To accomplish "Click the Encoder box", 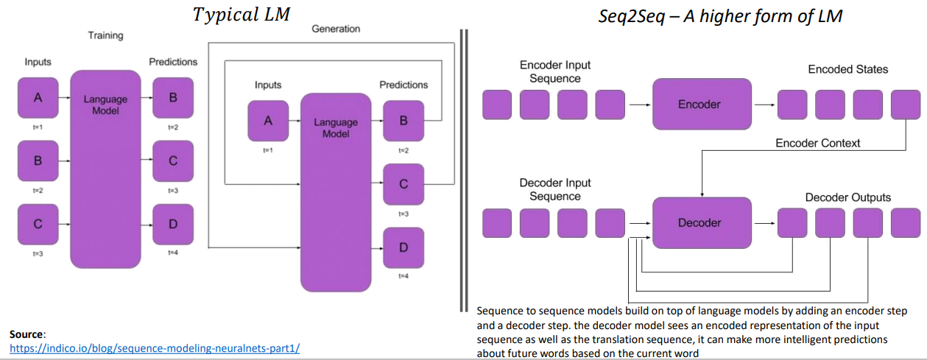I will tap(699, 105).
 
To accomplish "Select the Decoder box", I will tap(699, 222).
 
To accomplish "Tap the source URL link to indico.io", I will tap(154, 348).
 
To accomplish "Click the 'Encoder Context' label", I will tap(817, 143).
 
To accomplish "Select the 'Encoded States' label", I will tap(847, 69).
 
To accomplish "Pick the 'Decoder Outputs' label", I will tap(847, 197).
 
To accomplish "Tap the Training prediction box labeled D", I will tap(173, 224).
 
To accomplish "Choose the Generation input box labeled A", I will tap(268, 121).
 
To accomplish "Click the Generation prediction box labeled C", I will tap(403, 184).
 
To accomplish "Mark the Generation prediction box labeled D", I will tap(403, 247).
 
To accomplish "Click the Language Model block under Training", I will tap(105, 169).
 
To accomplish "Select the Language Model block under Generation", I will tap(336, 192).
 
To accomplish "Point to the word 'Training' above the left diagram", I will tap(105, 35).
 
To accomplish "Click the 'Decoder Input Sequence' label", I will tap(555, 189).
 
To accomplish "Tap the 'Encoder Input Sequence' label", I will tap(555, 71).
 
